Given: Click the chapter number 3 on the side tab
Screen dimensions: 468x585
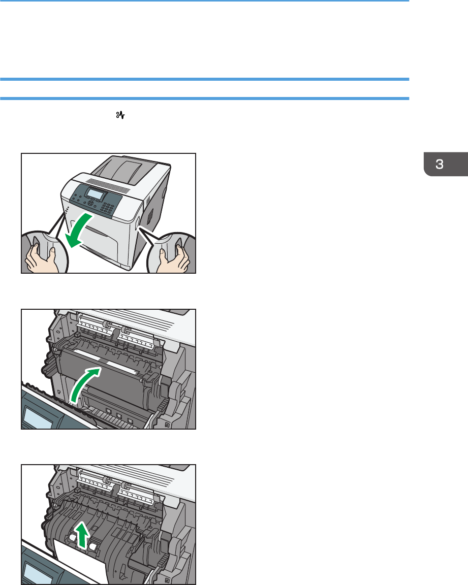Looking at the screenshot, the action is (x=439, y=164).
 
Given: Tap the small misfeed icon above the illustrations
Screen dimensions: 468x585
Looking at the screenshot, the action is (x=120, y=115).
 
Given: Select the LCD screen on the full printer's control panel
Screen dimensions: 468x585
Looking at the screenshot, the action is (x=95, y=194).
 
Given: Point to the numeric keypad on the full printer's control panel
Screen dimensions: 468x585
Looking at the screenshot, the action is (x=108, y=209).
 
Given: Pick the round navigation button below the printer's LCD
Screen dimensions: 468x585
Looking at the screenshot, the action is (x=90, y=203).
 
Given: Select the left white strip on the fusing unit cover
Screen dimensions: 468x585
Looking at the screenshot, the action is (x=87, y=355).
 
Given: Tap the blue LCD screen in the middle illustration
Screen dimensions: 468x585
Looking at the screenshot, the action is (x=38, y=418).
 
